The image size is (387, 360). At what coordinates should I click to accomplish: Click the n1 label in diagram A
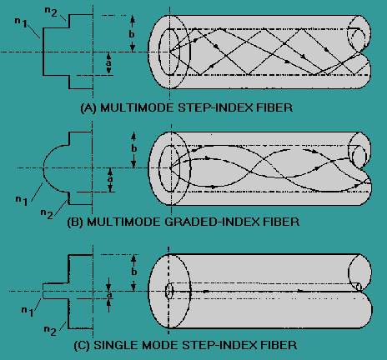pos(21,22)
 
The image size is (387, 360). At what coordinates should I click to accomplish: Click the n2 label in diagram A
pos(51,12)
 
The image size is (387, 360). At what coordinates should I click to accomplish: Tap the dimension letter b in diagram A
pos(132,33)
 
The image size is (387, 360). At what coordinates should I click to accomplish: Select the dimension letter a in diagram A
pos(108,62)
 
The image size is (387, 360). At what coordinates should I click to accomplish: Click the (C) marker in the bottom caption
pos(82,345)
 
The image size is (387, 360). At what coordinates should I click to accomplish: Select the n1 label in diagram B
pos(22,201)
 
